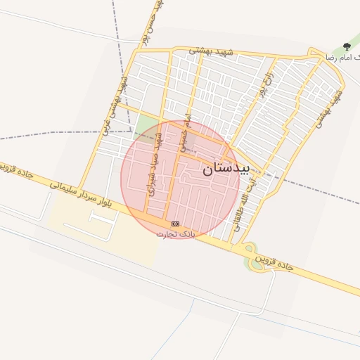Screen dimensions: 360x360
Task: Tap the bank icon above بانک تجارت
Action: click(x=175, y=224)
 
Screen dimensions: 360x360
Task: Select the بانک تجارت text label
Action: click(x=175, y=233)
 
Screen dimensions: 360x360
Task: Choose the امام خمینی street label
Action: click(x=185, y=134)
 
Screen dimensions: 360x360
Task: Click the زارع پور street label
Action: click(x=265, y=83)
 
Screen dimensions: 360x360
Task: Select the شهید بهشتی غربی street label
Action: click(x=115, y=105)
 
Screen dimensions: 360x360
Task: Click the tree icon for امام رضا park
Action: click(x=346, y=46)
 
